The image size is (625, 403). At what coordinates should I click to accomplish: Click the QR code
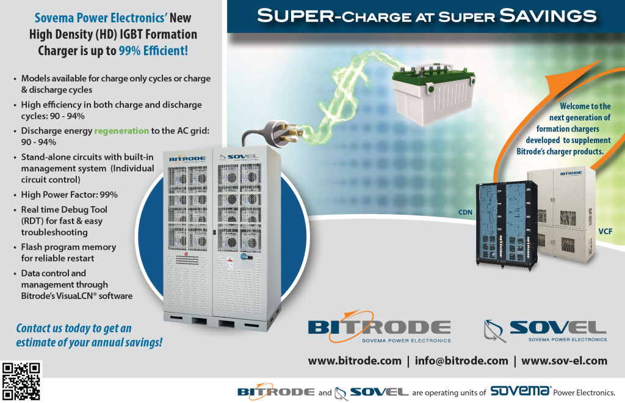pyautogui.click(x=21, y=381)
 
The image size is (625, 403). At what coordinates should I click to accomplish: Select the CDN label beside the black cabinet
pyautogui.click(x=465, y=212)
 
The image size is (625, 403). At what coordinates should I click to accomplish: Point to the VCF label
pyautogui.click(x=605, y=231)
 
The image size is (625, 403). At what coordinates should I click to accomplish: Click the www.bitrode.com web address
pyautogui.click(x=355, y=361)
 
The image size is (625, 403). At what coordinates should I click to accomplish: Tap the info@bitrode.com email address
pyautogui.click(x=461, y=361)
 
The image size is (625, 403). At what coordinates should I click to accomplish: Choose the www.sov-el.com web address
pyautogui.click(x=564, y=361)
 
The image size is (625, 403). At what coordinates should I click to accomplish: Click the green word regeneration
pyautogui.click(x=121, y=131)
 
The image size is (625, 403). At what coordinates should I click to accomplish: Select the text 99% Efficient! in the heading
pyautogui.click(x=153, y=51)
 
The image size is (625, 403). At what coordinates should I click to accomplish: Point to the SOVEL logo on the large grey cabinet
pyautogui.click(x=239, y=157)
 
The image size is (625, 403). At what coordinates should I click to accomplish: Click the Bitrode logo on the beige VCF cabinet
pyautogui.click(x=571, y=173)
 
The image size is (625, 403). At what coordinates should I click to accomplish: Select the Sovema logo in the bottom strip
pyautogui.click(x=521, y=390)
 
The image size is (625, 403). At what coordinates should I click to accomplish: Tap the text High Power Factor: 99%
pyautogui.click(x=70, y=194)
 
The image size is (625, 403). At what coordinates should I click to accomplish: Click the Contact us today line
pyautogui.click(x=74, y=328)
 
